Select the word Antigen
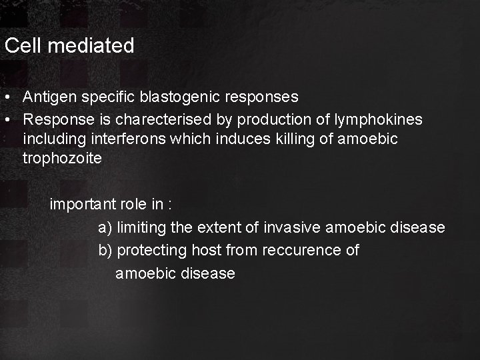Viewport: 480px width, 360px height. coord(51,97)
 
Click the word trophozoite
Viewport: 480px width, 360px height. coord(62,158)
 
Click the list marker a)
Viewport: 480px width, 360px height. coord(105,227)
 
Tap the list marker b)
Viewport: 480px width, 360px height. coord(105,251)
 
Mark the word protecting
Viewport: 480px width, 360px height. coord(152,251)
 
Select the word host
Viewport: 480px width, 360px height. coord(207,251)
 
